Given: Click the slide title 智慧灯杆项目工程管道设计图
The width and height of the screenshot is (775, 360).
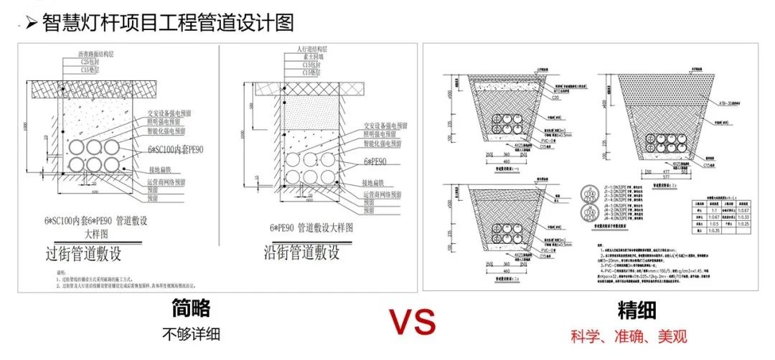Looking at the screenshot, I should point(169,24).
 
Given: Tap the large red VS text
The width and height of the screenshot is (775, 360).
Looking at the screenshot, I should point(413,323).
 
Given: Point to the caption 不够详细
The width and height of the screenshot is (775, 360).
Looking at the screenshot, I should point(190,333).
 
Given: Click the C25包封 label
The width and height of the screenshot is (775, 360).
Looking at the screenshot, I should point(92,62).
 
